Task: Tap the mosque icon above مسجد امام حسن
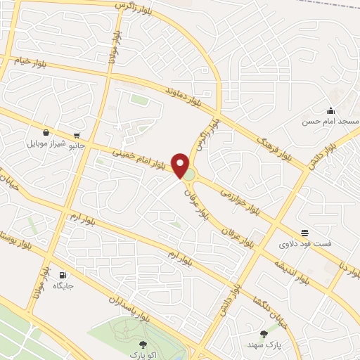(x=330, y=110)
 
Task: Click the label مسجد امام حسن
(x=330, y=121)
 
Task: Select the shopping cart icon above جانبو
(x=76, y=135)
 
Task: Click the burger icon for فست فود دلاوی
(x=304, y=233)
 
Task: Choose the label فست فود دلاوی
(x=304, y=244)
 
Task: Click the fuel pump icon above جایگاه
(x=63, y=275)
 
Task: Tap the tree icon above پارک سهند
(x=264, y=334)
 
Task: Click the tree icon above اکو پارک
(x=143, y=344)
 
